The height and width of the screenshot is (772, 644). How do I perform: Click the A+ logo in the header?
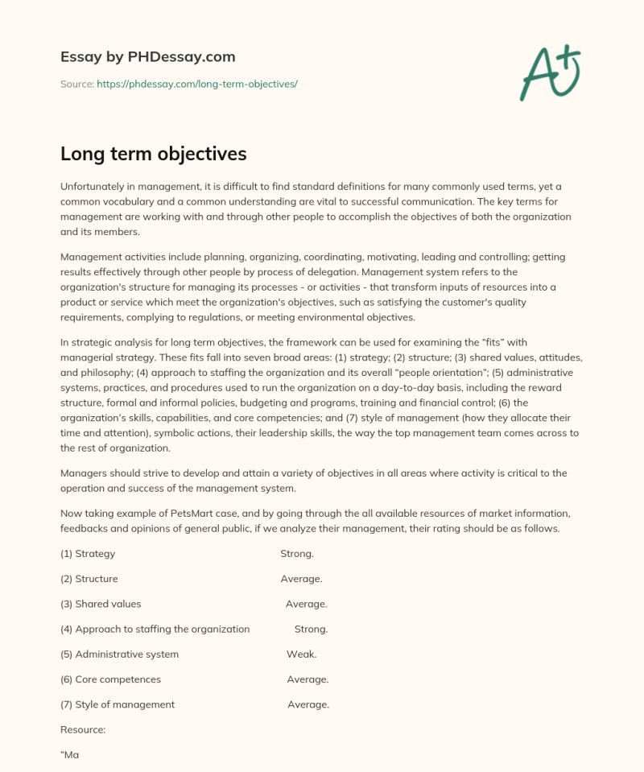(x=550, y=72)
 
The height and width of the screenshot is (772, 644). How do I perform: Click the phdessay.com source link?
(x=197, y=84)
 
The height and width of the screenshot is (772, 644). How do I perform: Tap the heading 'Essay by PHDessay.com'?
(x=147, y=56)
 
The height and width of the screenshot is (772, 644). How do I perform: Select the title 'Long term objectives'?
(x=153, y=153)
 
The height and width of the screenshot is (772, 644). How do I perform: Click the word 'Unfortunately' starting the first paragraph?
(x=93, y=187)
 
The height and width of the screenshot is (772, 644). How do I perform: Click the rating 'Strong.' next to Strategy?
(x=297, y=554)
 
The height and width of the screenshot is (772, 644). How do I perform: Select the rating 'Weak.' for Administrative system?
(x=301, y=654)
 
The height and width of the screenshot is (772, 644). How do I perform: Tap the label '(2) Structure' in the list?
(x=89, y=579)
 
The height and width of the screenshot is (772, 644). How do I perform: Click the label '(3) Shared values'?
(x=101, y=604)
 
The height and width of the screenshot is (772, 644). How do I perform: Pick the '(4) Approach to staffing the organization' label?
(x=155, y=629)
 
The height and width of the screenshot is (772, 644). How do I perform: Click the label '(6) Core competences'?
(x=110, y=679)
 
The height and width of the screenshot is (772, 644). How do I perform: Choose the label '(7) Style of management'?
(x=118, y=704)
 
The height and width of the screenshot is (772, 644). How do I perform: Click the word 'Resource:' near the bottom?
(x=83, y=729)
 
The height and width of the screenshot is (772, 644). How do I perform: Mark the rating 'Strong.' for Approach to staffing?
(x=311, y=629)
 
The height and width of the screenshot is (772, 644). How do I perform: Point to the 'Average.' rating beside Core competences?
(x=308, y=679)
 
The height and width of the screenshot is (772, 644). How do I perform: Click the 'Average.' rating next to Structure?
(x=301, y=579)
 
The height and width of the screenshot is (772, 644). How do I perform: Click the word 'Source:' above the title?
(x=76, y=84)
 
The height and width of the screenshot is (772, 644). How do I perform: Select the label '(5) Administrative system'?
(x=119, y=654)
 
